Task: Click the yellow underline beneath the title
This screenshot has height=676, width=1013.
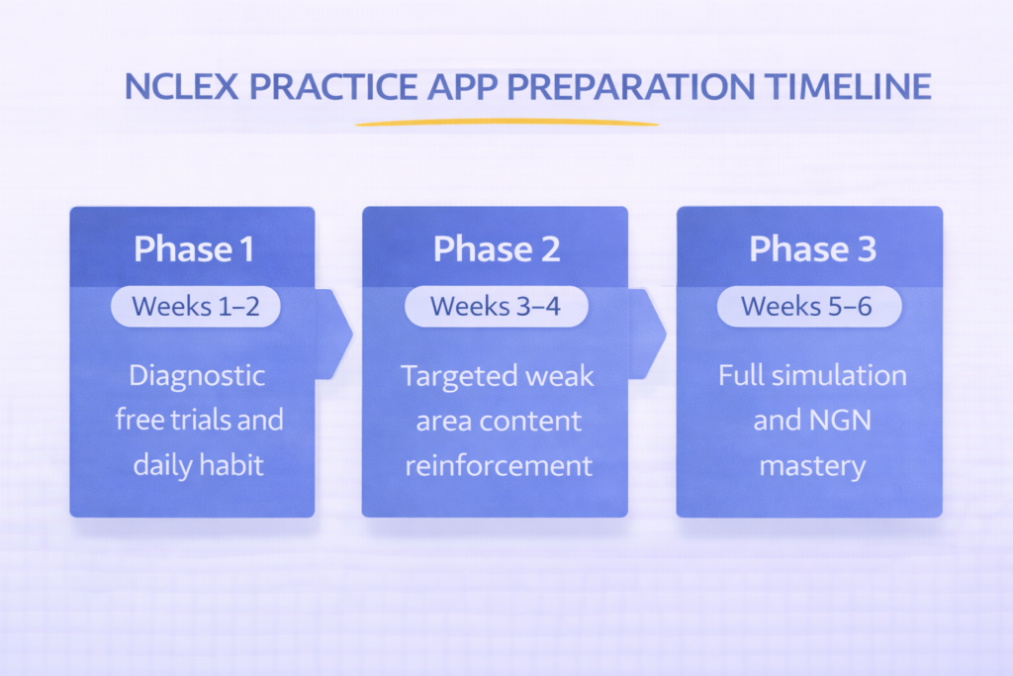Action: pos(506,124)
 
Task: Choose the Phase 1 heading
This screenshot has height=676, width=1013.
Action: pos(193,248)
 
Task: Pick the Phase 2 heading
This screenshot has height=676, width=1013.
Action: pos(497,248)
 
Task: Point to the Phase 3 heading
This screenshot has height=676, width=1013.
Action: pos(811,248)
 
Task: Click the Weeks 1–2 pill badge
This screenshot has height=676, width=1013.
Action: pos(195,307)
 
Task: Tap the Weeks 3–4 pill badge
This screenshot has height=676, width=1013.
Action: pos(497,307)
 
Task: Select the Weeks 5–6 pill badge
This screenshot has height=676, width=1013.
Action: pos(808,307)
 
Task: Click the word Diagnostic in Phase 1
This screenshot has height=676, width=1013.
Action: pos(198,376)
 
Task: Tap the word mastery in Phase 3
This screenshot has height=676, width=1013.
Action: pos(812,463)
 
